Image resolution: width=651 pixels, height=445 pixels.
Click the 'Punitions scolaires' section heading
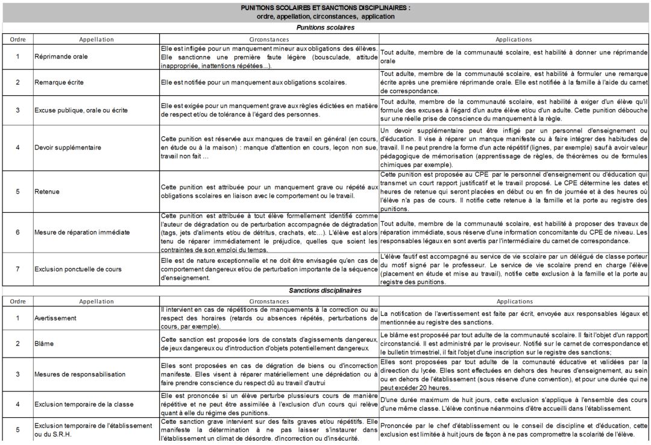click(x=325, y=28)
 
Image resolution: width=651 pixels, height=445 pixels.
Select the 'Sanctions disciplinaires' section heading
click(x=325, y=291)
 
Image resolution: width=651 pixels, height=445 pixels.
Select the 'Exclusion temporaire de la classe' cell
click(x=83, y=404)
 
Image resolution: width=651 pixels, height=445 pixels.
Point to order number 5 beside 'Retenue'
click(x=17, y=191)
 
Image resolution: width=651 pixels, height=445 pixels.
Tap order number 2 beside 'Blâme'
click(x=17, y=344)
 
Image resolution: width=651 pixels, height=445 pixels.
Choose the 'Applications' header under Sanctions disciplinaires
click(x=514, y=301)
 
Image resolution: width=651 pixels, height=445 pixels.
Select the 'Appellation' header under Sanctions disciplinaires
click(x=96, y=301)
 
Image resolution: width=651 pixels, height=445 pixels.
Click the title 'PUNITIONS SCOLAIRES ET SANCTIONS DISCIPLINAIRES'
click(x=325, y=8)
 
